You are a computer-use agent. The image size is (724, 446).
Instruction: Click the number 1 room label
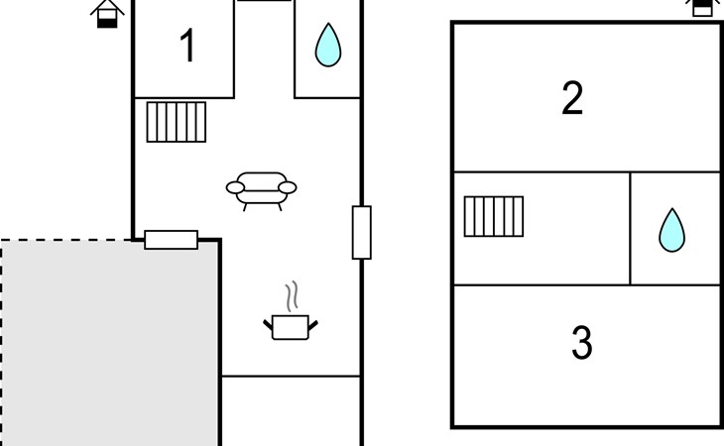pos(187,48)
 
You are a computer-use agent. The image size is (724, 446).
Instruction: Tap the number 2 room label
pos(572,99)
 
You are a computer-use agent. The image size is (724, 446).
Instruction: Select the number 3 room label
pos(582,343)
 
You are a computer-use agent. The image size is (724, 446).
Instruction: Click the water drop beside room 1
pos(327,45)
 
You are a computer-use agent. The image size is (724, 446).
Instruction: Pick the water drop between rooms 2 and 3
pos(672,230)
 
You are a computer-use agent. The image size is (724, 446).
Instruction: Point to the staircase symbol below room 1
pos(177,122)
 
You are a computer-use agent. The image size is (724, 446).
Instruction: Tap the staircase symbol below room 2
pos(494,216)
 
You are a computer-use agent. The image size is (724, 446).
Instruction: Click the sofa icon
pos(262,188)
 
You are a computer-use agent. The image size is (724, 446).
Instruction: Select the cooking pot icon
pos(291,327)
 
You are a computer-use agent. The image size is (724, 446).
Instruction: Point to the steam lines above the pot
pos(291,296)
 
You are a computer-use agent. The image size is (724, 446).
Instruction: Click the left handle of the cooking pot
pos(269,322)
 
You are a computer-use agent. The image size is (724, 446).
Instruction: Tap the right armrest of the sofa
pos(287,186)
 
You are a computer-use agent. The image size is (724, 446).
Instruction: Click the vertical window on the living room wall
pos(362,233)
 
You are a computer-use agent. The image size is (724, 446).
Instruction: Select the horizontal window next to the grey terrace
pos(171,240)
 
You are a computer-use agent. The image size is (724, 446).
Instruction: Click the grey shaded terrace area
pos(109,347)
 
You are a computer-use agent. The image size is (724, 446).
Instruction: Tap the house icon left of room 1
pos(108,13)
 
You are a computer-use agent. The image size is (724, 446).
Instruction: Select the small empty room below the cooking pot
pos(291,410)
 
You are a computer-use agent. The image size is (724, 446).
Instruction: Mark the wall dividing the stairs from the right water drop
pos(631,229)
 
